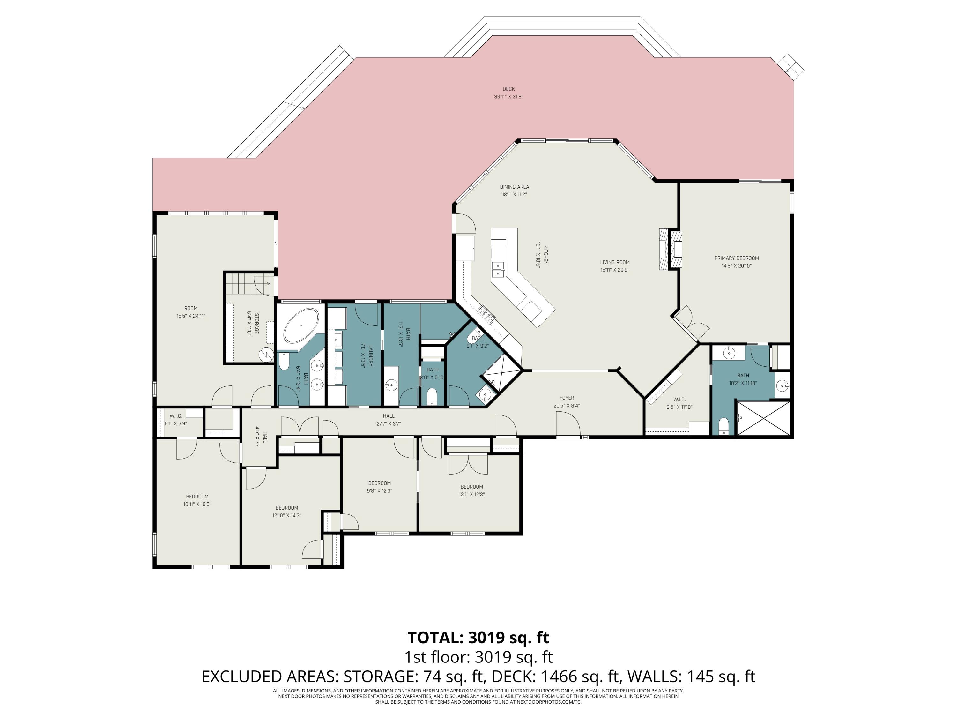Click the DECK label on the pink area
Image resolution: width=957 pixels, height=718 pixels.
point(508,89)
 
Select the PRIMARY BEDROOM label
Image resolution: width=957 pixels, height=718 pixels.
point(736,258)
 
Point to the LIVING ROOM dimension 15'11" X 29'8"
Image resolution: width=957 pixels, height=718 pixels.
point(614,270)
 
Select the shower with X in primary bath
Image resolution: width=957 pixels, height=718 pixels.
point(763,418)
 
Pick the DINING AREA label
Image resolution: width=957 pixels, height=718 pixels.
point(515,187)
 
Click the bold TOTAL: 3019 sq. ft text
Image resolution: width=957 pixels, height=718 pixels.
point(478,638)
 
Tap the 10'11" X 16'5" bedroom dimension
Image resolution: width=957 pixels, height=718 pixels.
point(197,504)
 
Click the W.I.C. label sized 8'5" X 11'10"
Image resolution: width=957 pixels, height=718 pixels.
point(679,400)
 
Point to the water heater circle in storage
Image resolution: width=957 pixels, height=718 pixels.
point(266,355)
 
